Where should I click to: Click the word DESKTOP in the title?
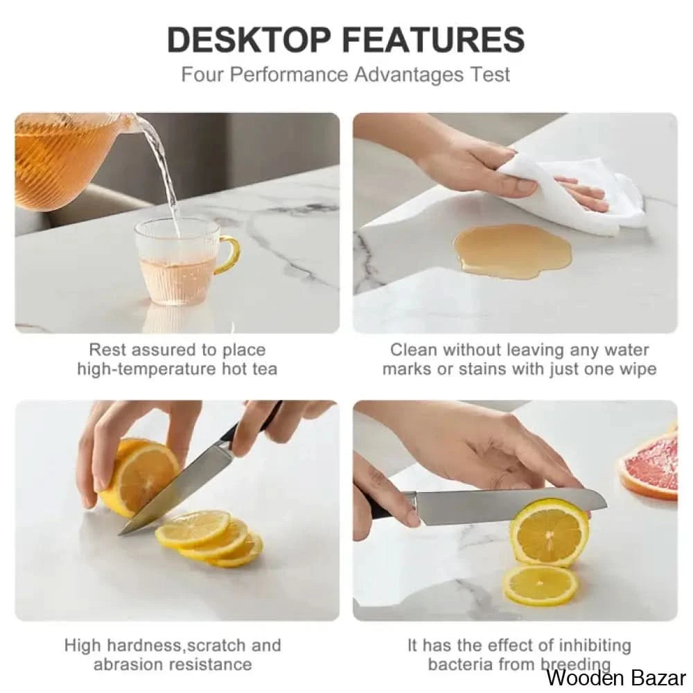point(249,40)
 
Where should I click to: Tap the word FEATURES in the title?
point(434,40)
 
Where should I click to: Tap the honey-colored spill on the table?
point(512,251)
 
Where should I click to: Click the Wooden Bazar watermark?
point(616,677)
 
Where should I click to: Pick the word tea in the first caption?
point(264,369)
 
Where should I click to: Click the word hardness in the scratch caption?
point(145,645)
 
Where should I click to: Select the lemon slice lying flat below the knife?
point(541,585)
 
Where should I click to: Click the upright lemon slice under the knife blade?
point(550,532)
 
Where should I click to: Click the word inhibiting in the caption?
point(595,646)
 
